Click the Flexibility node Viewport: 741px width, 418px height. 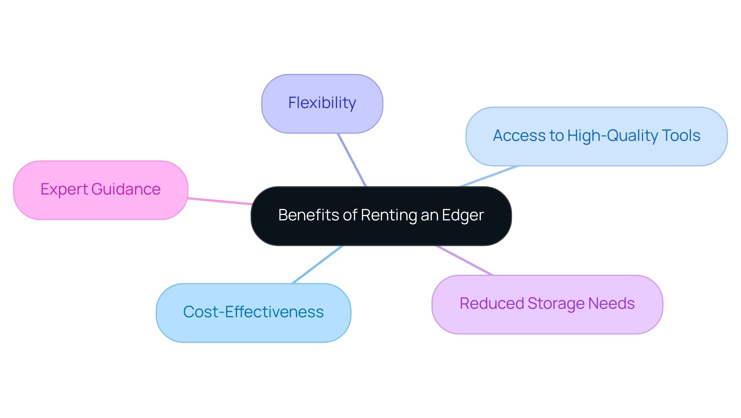(322, 103)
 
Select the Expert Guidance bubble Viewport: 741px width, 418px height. (100, 190)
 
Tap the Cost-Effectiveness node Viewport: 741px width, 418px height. (253, 313)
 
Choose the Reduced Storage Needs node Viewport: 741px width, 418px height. (547, 304)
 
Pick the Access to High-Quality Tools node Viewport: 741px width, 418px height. (596, 136)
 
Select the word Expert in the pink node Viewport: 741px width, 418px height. (64, 190)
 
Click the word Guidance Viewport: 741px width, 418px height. (126, 190)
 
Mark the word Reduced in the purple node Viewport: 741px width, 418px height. (492, 304)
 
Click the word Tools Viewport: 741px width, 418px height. (681, 136)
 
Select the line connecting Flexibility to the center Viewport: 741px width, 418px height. (352, 160)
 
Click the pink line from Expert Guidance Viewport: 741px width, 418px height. (220, 201)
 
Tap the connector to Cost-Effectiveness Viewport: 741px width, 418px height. (317, 265)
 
